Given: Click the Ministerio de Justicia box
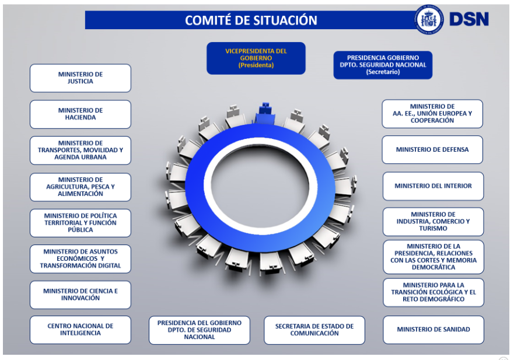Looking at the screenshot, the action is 81,78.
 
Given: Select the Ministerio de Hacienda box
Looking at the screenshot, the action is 81,114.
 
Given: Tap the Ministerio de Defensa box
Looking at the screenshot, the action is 432,150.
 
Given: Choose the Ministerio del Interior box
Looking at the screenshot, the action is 433,186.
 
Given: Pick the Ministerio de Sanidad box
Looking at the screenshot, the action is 433,330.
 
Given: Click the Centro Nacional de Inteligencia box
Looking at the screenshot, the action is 81,330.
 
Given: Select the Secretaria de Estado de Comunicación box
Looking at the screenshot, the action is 314,330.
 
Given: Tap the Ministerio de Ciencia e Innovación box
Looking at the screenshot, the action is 81,295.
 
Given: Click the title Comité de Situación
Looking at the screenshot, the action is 251,20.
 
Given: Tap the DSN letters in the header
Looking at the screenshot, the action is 468,19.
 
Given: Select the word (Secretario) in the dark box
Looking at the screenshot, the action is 383,72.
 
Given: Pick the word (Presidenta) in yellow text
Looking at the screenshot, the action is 256,65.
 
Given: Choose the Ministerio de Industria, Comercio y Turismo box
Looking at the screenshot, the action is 433,222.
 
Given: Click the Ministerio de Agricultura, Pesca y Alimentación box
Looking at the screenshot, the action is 81,187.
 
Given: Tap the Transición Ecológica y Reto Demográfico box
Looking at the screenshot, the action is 433,292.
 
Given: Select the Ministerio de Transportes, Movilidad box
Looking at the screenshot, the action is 81,151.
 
